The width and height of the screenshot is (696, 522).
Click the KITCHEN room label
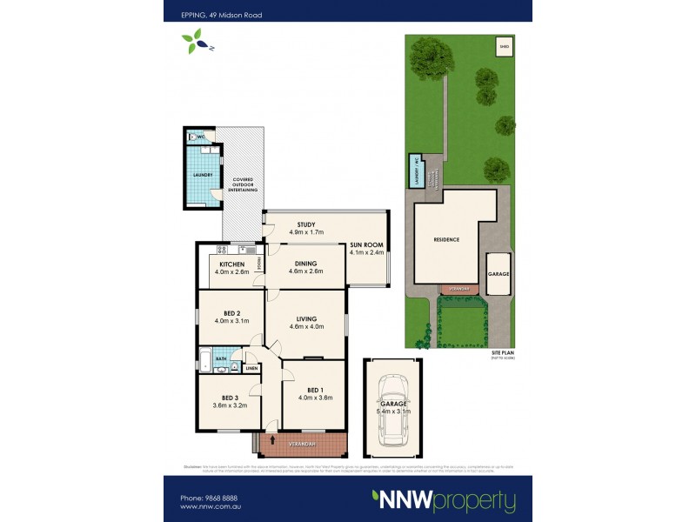tap(231, 264)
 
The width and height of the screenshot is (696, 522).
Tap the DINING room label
tap(305, 264)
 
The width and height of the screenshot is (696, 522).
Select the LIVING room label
tap(305, 319)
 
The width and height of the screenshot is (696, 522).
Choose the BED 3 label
tap(230, 398)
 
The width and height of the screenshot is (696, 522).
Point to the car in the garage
tap(391, 409)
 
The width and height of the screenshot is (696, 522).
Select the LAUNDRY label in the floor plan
tap(202, 175)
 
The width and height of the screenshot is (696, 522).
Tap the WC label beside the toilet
tap(200, 137)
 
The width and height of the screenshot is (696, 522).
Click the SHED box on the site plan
tap(504, 46)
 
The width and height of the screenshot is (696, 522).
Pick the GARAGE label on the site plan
tap(499, 274)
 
